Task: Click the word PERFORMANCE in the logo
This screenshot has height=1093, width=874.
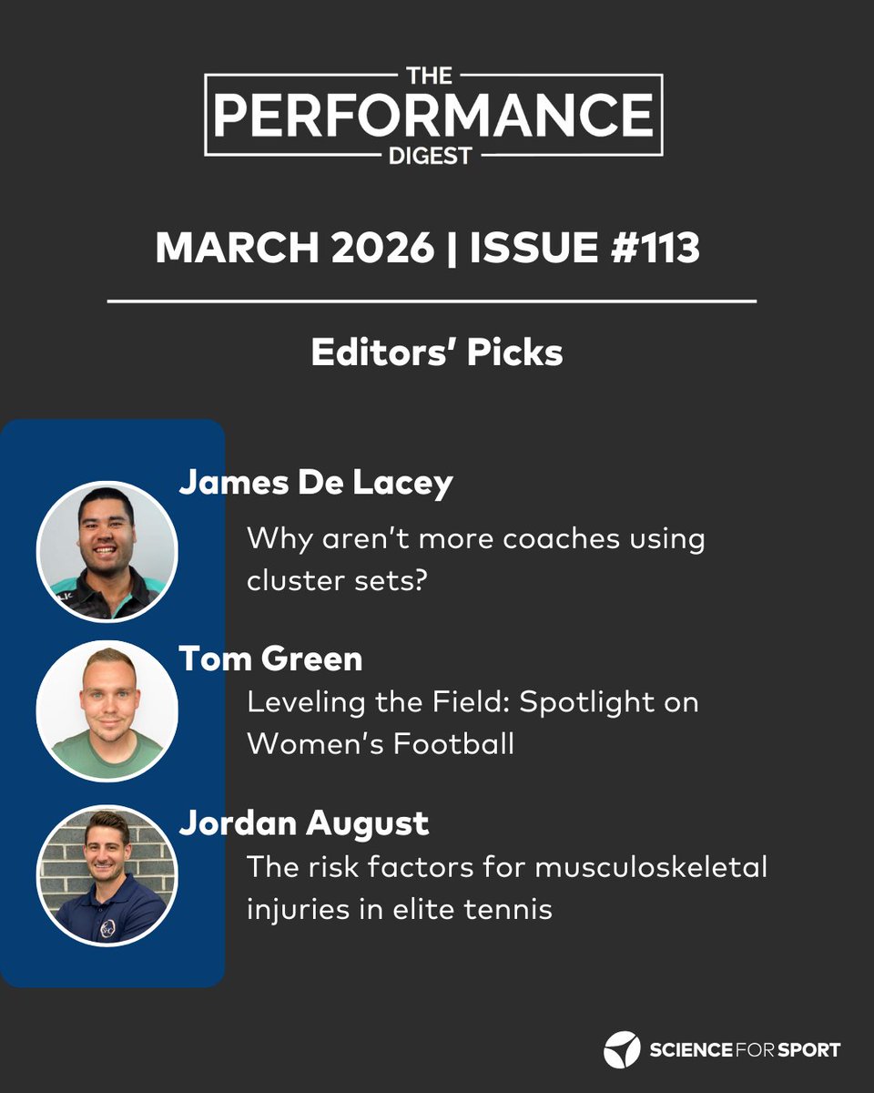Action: pos(433,115)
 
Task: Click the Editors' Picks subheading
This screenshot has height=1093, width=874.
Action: pos(437,353)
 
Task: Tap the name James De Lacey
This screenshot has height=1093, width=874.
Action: pos(315,484)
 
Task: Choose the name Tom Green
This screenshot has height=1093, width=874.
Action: pos(270,659)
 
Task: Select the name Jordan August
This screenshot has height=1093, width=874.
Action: pos(303,823)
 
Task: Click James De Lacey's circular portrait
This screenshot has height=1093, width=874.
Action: pos(107,552)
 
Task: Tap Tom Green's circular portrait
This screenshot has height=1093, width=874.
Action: pos(107,710)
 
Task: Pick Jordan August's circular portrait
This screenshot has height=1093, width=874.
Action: pos(107,874)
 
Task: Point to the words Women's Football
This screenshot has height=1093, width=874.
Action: pos(381,743)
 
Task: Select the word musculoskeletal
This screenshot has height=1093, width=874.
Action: pos(651,866)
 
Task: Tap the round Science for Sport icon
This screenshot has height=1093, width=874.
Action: pos(622,1049)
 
